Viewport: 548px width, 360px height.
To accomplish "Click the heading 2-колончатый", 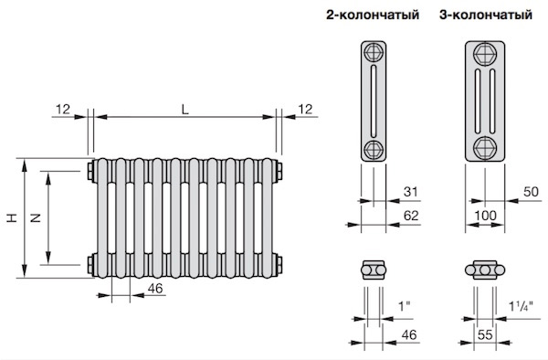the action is pyautogui.click(x=373, y=15).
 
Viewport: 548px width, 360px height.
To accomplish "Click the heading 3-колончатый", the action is pyautogui.click(x=486, y=15).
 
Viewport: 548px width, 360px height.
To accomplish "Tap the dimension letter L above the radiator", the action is pyautogui.click(x=184, y=110).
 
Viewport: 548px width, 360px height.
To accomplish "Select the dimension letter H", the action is pyautogui.click(x=12, y=217).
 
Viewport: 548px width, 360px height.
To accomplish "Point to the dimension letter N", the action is pyautogui.click(x=36, y=218).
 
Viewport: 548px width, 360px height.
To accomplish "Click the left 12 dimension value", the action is pyautogui.click(x=63, y=110).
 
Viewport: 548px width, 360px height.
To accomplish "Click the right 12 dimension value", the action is pyautogui.click(x=305, y=110).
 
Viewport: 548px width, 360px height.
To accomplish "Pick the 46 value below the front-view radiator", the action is pyautogui.click(x=155, y=289).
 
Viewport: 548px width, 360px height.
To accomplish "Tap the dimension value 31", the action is pyautogui.click(x=411, y=192).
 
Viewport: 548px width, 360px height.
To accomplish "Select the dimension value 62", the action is pyautogui.click(x=411, y=216).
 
